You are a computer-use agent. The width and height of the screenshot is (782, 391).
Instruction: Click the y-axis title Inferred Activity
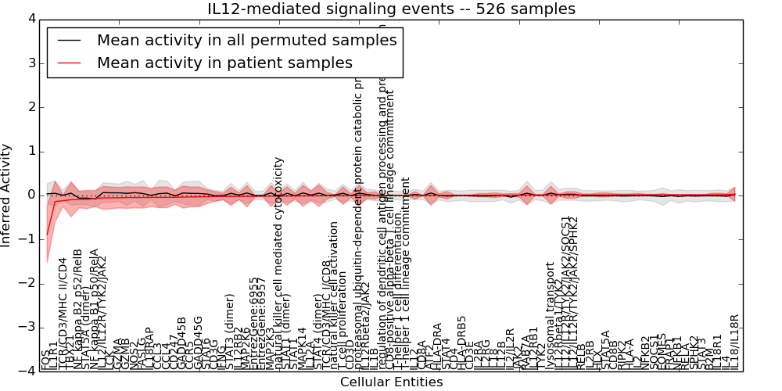pos(7,195)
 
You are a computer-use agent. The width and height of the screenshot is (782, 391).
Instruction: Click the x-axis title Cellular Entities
pos(391,382)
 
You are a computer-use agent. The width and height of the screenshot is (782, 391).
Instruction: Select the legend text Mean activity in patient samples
pos(224,63)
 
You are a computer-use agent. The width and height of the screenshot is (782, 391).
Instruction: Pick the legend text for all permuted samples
pos(246,40)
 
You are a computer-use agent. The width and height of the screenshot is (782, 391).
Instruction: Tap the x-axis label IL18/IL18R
pos(734,342)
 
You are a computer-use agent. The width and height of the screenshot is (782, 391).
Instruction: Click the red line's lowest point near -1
pos(47,234)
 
